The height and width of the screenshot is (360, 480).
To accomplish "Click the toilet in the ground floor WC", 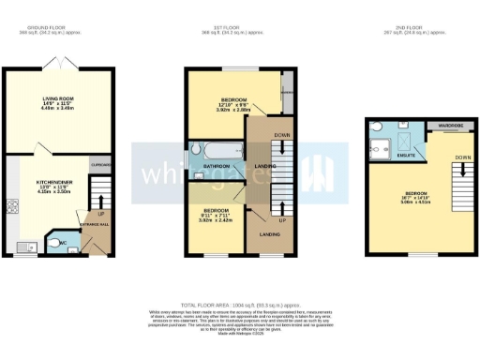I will coord(51,240).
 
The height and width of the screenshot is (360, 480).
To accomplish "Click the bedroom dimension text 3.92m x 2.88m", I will coord(222,109).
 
